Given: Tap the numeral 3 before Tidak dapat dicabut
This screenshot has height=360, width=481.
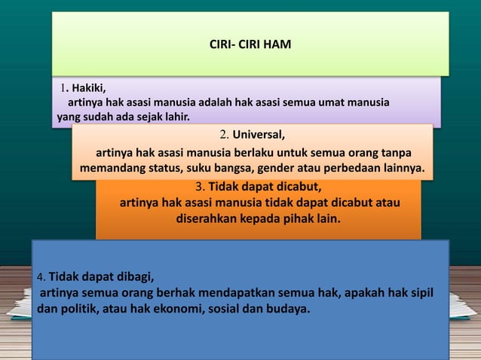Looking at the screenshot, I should pos(199,187).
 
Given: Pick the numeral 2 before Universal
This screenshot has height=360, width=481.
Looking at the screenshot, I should pos(224,136).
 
